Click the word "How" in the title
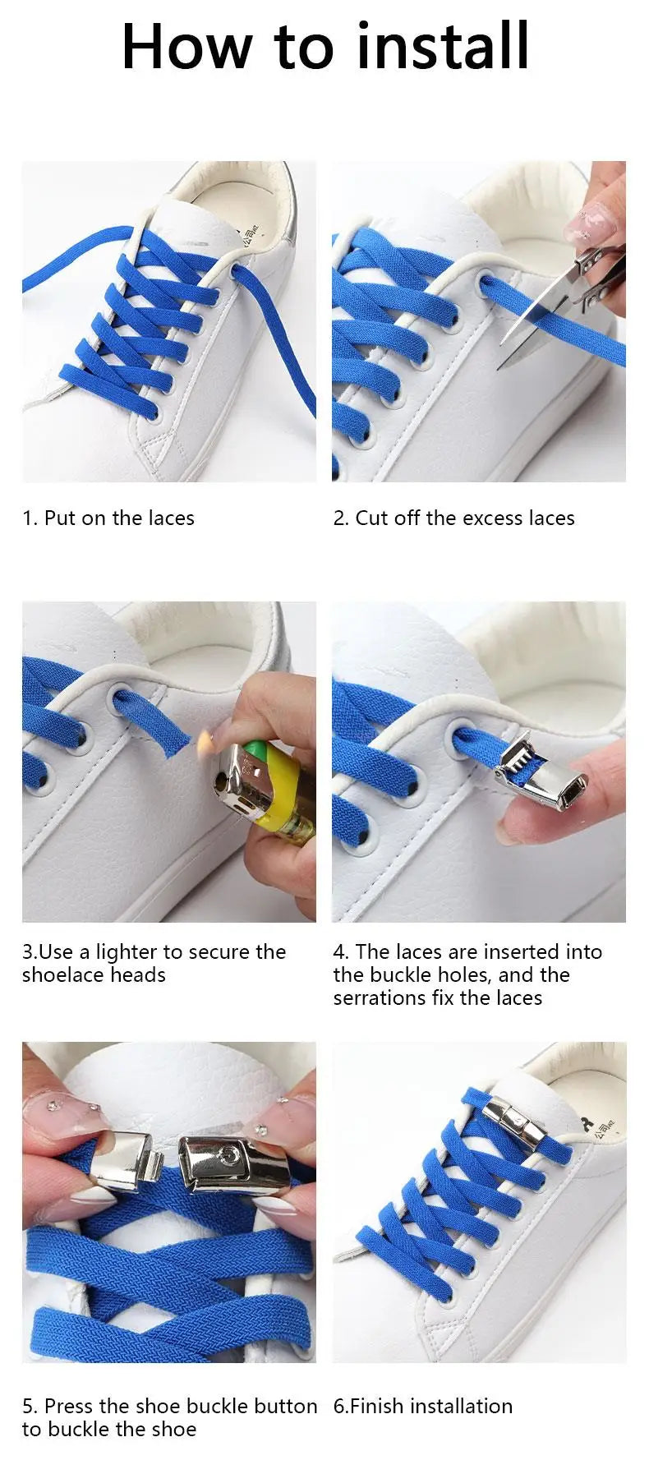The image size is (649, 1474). click(x=186, y=47)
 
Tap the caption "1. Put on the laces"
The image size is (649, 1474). click(x=108, y=518)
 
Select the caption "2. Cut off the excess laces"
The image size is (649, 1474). click(x=453, y=518)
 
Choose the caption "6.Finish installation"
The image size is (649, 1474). click(x=422, y=1407)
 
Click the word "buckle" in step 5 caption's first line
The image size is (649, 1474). click(x=216, y=1407)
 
